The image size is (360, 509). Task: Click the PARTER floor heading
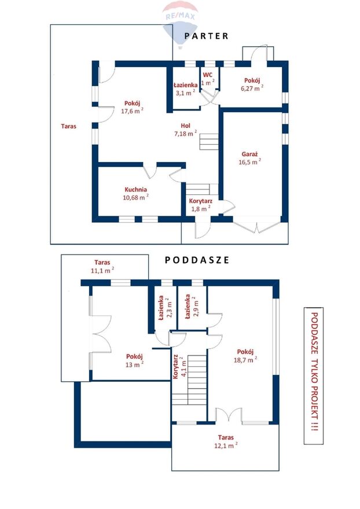click(206, 36)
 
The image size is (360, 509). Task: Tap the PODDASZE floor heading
click(197, 260)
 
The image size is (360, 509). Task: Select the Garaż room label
click(249, 154)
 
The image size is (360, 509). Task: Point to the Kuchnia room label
click(136, 190)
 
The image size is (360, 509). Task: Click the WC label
click(208, 75)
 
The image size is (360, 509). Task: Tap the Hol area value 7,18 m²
click(186, 133)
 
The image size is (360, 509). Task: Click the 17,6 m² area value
click(132, 110)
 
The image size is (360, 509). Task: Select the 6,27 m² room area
click(252, 88)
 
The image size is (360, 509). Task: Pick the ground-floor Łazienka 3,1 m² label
click(186, 89)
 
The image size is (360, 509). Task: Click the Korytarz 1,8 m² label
click(201, 205)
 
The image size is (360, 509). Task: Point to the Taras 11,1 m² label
click(102, 266)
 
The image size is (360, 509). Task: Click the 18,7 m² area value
click(245, 359)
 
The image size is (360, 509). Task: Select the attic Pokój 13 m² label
click(134, 360)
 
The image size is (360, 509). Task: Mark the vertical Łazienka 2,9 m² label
click(191, 307)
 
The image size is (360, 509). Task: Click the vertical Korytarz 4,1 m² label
click(179, 367)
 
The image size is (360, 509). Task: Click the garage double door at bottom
click(256, 227)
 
